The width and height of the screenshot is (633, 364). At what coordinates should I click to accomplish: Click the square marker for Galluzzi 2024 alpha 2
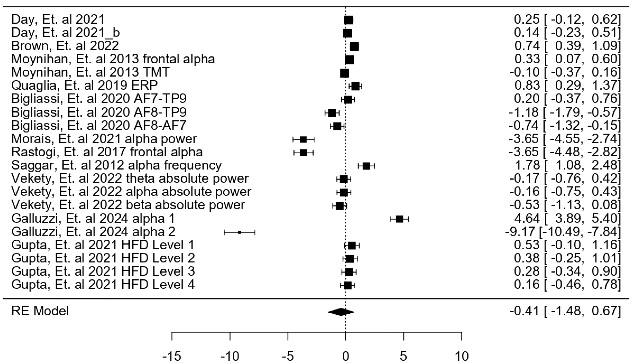[x=239, y=232]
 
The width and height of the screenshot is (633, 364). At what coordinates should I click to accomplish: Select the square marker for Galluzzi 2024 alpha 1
[x=399, y=219]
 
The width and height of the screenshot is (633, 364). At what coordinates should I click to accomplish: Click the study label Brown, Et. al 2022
[x=65, y=46]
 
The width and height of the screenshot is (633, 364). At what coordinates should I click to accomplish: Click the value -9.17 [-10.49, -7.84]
[x=563, y=232]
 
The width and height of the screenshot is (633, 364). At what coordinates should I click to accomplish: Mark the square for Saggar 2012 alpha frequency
[x=366, y=166]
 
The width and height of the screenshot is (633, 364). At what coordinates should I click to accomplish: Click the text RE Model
[x=40, y=311]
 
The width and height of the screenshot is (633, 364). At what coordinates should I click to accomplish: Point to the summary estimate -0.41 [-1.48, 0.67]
[x=565, y=311]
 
